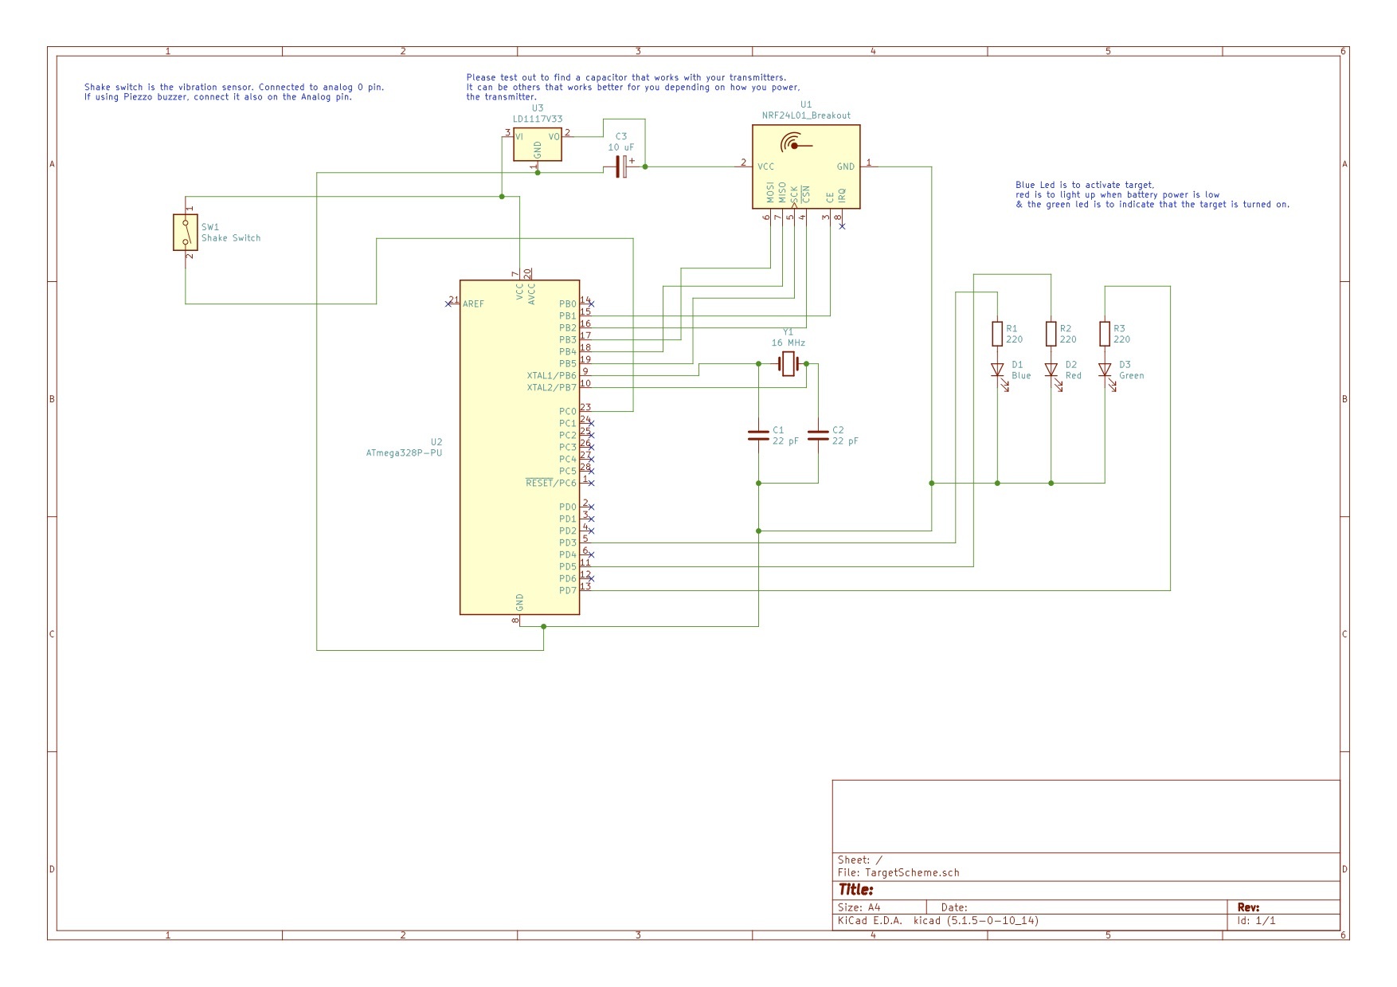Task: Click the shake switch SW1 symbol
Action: click(186, 232)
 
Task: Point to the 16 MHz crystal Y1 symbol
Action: click(789, 364)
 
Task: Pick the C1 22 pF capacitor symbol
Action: click(758, 435)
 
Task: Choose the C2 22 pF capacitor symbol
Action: click(818, 435)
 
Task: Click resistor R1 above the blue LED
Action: click(997, 334)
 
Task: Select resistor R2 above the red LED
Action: click(1051, 334)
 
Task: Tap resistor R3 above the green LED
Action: click(1105, 334)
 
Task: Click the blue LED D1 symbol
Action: click(997, 370)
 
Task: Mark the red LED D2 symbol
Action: click(1051, 370)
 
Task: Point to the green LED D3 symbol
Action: click(1105, 370)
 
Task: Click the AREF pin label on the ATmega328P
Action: click(473, 304)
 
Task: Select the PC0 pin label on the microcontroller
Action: click(567, 412)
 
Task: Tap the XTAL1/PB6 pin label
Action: click(551, 376)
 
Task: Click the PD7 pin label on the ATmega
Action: click(567, 591)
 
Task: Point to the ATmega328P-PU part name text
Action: click(404, 453)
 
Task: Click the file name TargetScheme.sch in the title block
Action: click(912, 872)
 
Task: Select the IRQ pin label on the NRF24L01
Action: click(842, 196)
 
